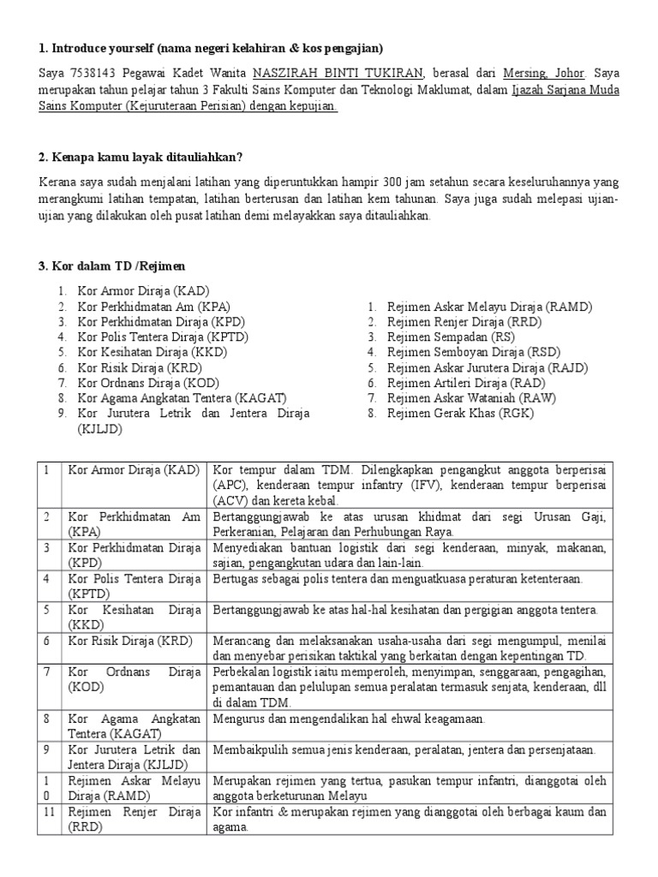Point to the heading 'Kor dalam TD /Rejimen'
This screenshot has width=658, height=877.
point(111,266)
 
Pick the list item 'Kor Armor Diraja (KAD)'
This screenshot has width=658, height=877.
point(143,291)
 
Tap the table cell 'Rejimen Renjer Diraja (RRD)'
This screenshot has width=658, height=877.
point(133,819)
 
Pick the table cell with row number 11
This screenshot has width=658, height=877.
point(49,812)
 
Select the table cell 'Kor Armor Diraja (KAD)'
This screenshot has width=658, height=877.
point(133,470)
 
